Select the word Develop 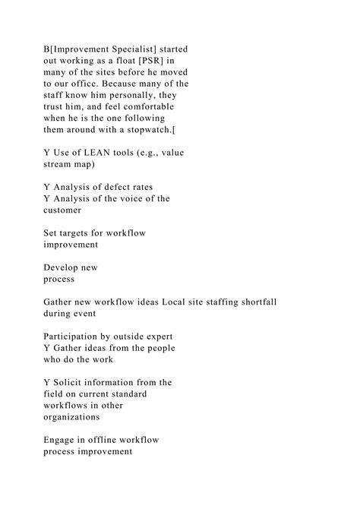pyautogui.click(x=65, y=267)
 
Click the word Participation pyautogui.click(x=78, y=336)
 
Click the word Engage pyautogui.click(x=62, y=439)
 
